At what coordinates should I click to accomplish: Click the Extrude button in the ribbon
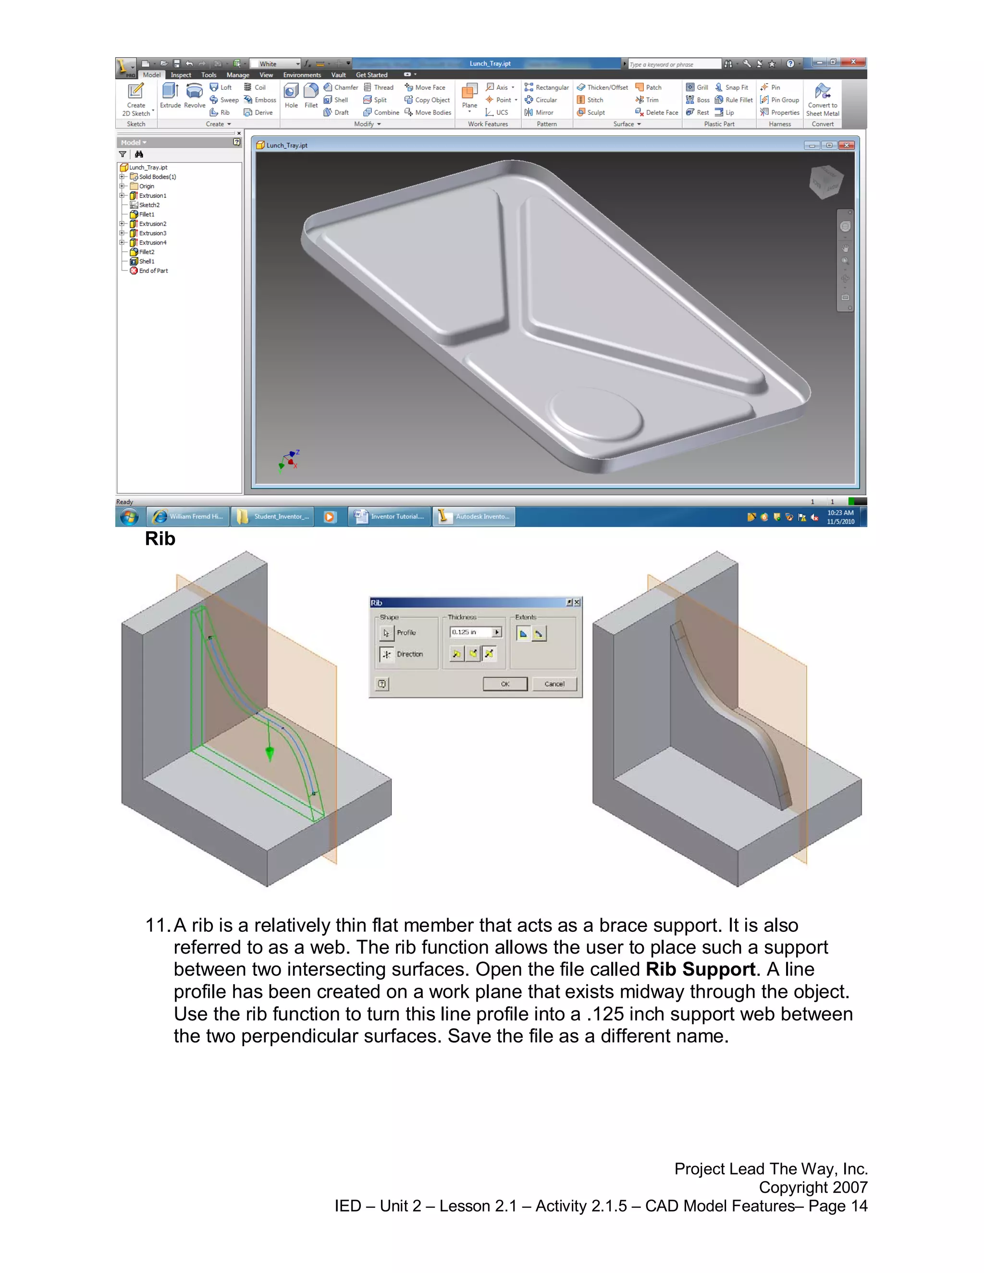tap(170, 96)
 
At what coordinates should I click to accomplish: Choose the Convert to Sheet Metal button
tap(823, 99)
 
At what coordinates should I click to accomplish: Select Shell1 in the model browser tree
tap(147, 262)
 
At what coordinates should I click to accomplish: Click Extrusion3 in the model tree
tap(152, 233)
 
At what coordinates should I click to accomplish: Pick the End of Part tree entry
tap(153, 271)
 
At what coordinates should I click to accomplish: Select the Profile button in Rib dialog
tap(386, 633)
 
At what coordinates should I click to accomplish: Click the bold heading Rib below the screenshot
tap(160, 539)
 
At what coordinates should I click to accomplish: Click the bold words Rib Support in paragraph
tap(700, 969)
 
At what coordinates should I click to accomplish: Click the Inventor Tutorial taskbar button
tap(390, 516)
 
